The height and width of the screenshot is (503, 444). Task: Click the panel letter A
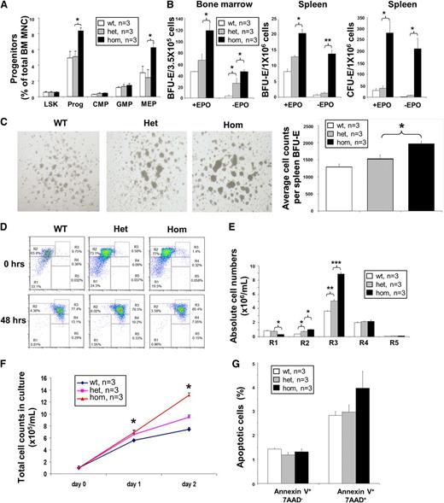click(6, 8)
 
